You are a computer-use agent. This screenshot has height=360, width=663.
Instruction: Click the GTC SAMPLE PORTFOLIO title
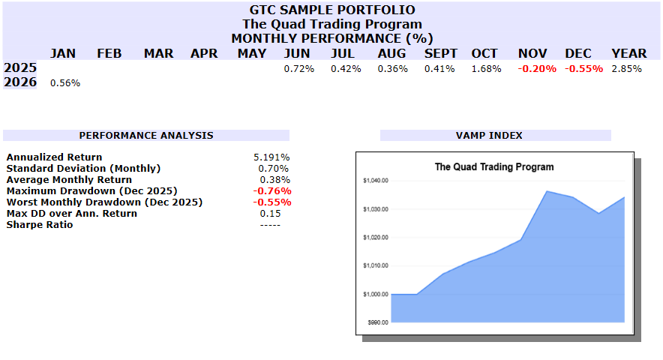(331, 10)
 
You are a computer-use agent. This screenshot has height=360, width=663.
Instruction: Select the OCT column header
(484, 53)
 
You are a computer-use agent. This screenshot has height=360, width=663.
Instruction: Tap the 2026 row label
(20, 82)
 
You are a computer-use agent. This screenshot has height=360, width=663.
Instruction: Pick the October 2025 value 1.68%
(485, 69)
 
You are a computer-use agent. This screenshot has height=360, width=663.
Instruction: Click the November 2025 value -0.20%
(537, 69)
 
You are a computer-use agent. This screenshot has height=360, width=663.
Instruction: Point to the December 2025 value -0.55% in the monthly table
(583, 69)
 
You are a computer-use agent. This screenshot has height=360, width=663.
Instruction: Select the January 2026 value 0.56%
(65, 83)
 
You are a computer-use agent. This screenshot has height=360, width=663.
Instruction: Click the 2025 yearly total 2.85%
(627, 69)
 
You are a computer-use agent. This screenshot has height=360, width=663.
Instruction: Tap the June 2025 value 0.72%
(298, 69)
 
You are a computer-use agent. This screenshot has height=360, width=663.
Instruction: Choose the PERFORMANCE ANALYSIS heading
(146, 136)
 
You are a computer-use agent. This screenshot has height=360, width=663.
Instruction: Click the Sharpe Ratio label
(40, 225)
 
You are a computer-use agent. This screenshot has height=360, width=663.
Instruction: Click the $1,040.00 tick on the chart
(375, 181)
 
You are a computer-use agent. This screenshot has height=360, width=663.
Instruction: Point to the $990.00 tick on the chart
(376, 322)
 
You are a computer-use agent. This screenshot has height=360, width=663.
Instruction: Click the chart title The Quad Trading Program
(494, 166)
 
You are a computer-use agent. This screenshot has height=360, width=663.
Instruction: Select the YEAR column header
(628, 53)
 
